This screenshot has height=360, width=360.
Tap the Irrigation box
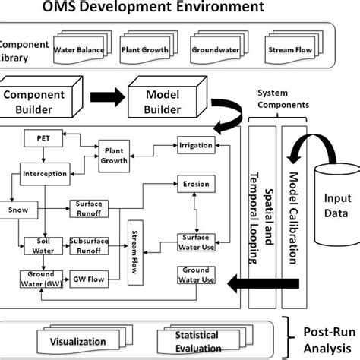point(195,144)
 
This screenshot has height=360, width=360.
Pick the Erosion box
point(197,184)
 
